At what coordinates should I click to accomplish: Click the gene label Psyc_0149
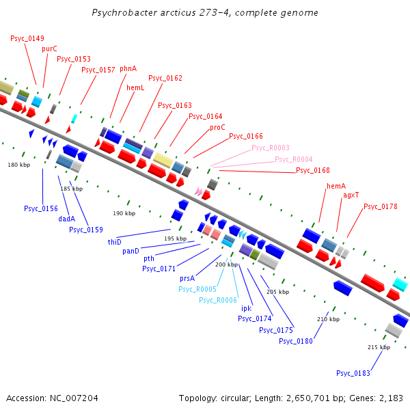pos(27,38)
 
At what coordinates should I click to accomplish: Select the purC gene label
pos(49,49)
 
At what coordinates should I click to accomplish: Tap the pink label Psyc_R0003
pos(271,148)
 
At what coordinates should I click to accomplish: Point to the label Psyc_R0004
pos(294,159)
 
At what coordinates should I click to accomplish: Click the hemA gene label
pos(336,186)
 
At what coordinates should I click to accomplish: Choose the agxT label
pos(351,195)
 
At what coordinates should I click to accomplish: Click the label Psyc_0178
pos(381,206)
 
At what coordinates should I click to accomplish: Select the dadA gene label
pos(66,219)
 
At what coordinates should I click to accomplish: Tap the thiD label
pos(114,242)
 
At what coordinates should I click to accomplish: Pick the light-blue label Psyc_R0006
pos(217,300)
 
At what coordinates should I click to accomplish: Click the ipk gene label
pos(246,308)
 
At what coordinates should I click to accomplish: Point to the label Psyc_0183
pos(353,373)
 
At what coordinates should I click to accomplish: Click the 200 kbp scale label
pos(226,264)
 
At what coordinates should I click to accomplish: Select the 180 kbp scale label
pos(19,165)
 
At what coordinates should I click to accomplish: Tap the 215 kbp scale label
pos(379,347)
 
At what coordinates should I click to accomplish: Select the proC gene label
pos(217,127)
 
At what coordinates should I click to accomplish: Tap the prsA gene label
pos(187,279)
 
